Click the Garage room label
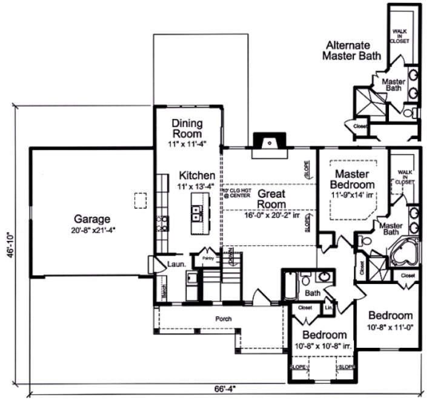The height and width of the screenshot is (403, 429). point(92,219)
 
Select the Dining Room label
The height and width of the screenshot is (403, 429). point(187,128)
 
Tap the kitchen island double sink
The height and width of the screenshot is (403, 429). point(197,213)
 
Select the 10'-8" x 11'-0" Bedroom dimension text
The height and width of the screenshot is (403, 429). point(391,328)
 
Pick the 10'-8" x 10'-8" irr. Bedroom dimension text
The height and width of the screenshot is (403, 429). point(324,347)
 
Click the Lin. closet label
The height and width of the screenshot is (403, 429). point(329,308)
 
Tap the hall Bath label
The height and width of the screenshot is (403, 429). point(312,293)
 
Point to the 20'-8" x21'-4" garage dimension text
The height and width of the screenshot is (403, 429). point(92,230)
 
